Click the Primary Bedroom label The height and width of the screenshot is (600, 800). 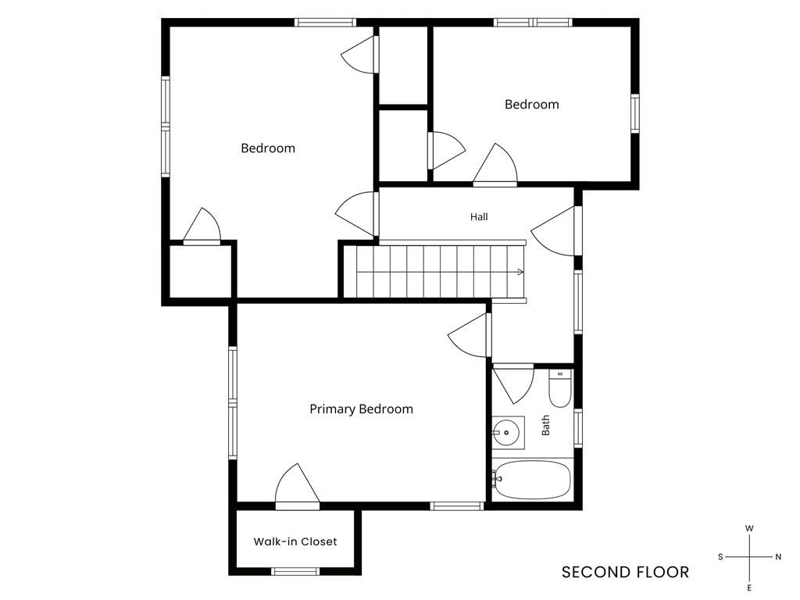tap(361, 409)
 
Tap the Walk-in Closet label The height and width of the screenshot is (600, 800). tap(295, 541)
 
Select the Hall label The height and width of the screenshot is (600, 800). tap(479, 217)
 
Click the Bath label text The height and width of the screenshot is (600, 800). tap(545, 425)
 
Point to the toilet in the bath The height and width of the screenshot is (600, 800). tap(559, 389)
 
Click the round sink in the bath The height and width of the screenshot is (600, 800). tap(505, 433)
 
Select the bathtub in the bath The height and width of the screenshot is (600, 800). tap(532, 480)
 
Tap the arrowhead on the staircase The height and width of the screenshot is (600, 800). tap(520, 272)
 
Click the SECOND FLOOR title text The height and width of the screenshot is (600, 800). tap(625, 573)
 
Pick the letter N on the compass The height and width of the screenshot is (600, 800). tap(778, 556)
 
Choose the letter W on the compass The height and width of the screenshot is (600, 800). tap(749, 529)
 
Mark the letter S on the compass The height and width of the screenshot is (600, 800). tap(720, 556)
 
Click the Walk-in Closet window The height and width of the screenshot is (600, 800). tap(295, 571)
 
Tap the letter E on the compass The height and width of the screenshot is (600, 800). tap(749, 588)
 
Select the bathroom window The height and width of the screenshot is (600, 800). tap(578, 428)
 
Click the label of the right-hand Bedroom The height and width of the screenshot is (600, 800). tap(531, 105)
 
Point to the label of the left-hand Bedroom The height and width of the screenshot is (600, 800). tap(268, 148)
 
